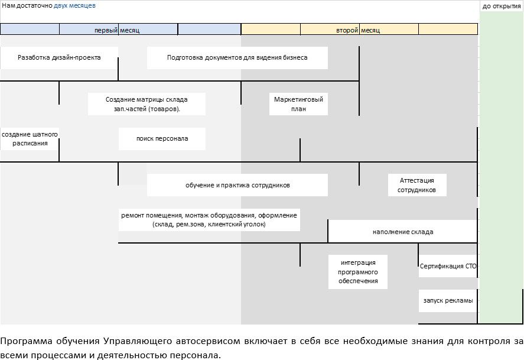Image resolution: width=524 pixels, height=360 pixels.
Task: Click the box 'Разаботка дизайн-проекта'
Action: point(59,58)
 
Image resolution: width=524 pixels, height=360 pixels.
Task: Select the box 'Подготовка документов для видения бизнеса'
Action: point(237,58)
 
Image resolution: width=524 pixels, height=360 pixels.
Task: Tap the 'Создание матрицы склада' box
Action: point(147,104)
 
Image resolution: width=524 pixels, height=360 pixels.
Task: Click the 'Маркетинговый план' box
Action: point(298,104)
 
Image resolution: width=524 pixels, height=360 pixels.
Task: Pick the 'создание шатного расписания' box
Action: point(30,139)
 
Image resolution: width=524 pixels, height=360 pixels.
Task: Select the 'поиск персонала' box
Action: point(162,139)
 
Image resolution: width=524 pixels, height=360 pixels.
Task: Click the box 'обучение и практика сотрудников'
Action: point(237,185)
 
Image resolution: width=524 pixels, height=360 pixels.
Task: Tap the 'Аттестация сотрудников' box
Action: point(416,185)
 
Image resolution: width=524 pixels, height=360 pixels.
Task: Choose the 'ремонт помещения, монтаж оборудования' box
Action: point(209,219)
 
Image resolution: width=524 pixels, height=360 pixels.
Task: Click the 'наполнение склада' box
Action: point(402,232)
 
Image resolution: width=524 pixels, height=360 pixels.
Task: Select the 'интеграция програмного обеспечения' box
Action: point(358,272)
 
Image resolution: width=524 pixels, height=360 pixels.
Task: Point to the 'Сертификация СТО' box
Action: point(448,267)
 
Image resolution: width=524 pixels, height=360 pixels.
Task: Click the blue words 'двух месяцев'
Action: point(74,5)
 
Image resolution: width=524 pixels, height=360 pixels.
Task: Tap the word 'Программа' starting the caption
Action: point(24,342)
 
